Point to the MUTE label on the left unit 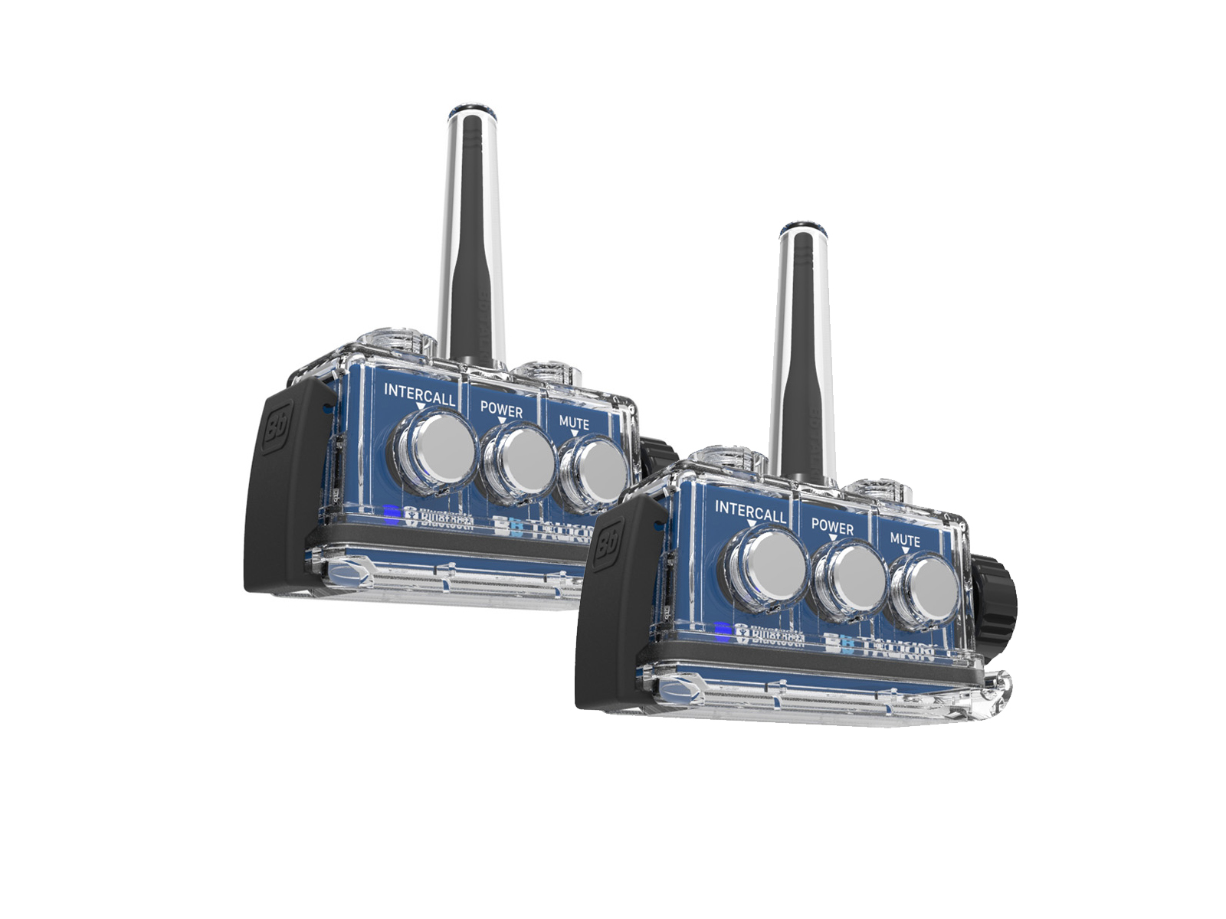pos(574,423)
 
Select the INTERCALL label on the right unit pos(750,511)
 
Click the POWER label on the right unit pos(832,527)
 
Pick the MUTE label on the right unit pos(905,540)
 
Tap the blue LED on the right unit pos(723,631)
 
